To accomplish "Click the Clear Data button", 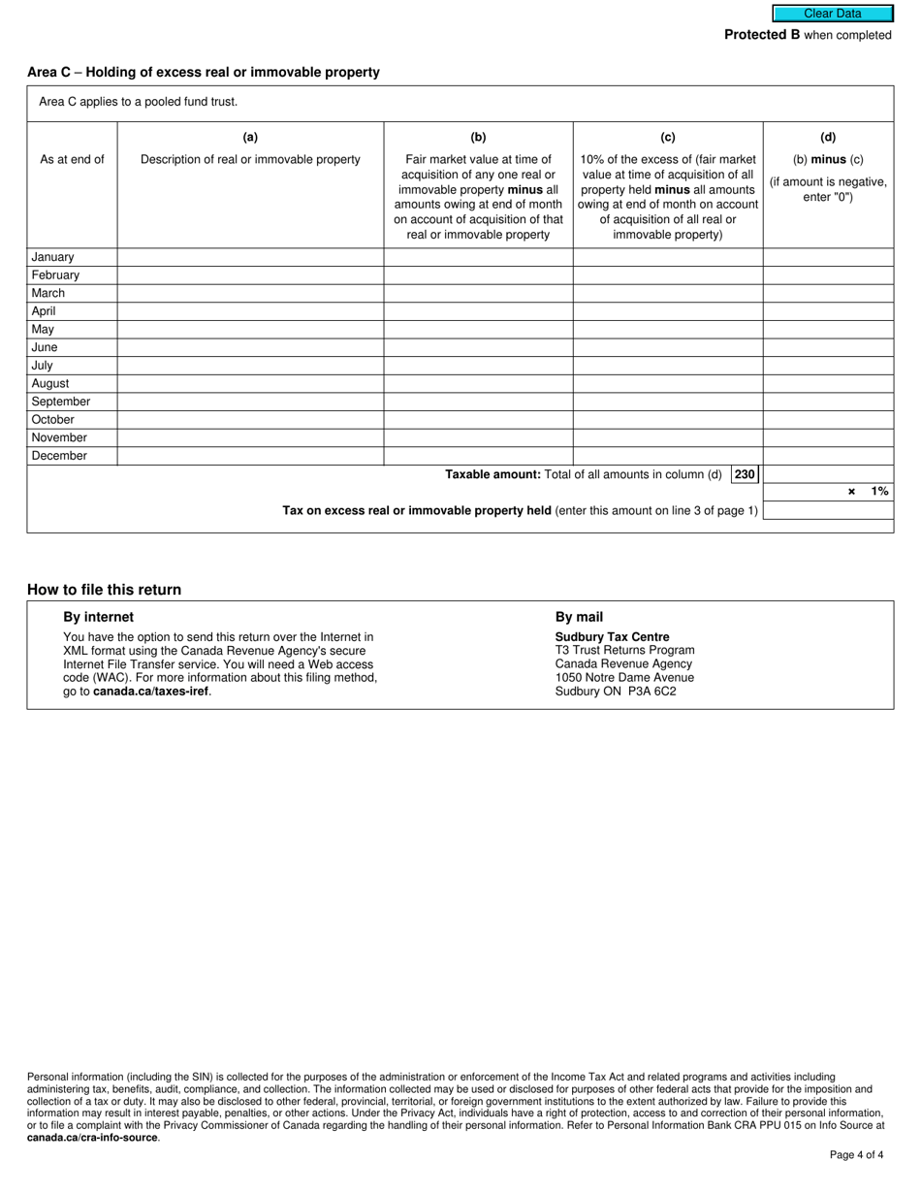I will [x=832, y=14].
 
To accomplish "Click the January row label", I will [x=52, y=257].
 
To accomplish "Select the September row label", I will [x=60, y=402].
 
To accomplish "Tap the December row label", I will [x=59, y=456].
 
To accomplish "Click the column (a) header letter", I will [x=250, y=138].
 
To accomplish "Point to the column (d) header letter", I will [x=828, y=138].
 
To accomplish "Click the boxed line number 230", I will [x=745, y=474].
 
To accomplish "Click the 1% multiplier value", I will [x=878, y=492].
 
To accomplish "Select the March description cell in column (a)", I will [x=250, y=293].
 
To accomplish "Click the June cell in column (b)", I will [x=478, y=347].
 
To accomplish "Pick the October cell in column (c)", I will [x=668, y=420].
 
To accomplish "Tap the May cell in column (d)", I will [x=828, y=330].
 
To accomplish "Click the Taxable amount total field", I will [x=828, y=474].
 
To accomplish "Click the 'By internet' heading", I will [x=99, y=617].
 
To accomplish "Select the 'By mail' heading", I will [x=579, y=617].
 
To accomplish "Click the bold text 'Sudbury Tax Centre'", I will [x=612, y=637].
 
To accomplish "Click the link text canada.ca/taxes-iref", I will [x=150, y=692].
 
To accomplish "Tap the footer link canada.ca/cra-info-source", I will [x=92, y=1138].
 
